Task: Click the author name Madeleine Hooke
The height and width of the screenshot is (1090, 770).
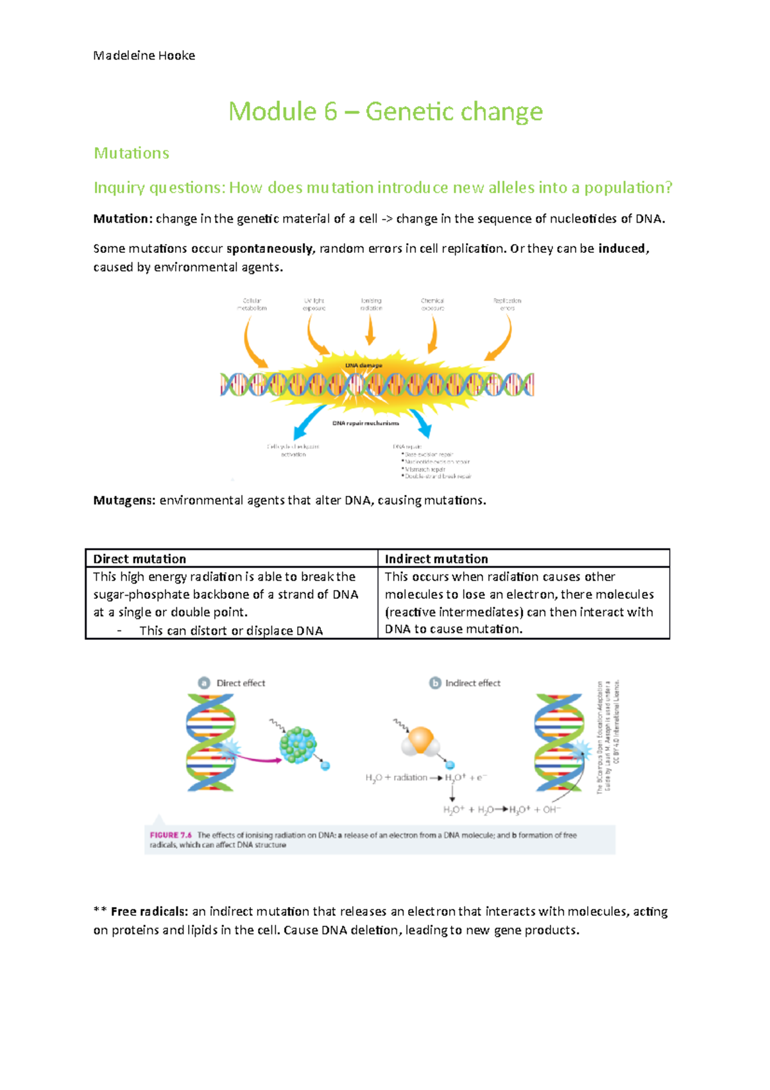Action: tap(144, 56)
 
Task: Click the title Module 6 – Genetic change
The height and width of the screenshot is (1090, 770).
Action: tap(386, 112)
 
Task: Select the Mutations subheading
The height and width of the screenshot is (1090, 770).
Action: tap(132, 153)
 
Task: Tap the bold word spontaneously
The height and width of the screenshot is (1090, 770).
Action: tap(269, 248)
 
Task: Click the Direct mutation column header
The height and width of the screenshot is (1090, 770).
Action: tap(140, 558)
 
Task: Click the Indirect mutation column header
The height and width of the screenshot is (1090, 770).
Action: tap(436, 558)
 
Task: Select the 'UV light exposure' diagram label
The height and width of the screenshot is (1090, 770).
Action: tap(314, 304)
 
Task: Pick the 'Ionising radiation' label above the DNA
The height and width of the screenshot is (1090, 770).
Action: tap(371, 304)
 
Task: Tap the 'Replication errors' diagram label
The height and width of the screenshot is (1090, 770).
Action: tap(507, 304)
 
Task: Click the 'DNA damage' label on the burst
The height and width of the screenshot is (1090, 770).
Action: tap(363, 365)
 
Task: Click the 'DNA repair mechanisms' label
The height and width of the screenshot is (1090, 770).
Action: tap(365, 423)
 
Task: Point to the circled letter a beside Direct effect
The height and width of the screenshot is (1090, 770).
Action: tap(204, 683)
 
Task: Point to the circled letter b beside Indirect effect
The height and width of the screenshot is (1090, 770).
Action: tap(435, 683)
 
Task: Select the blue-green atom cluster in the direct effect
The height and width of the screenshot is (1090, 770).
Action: tap(298, 745)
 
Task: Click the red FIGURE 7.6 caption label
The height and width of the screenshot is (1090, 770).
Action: tap(171, 835)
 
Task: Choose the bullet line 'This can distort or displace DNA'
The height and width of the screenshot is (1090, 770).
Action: tap(231, 630)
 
